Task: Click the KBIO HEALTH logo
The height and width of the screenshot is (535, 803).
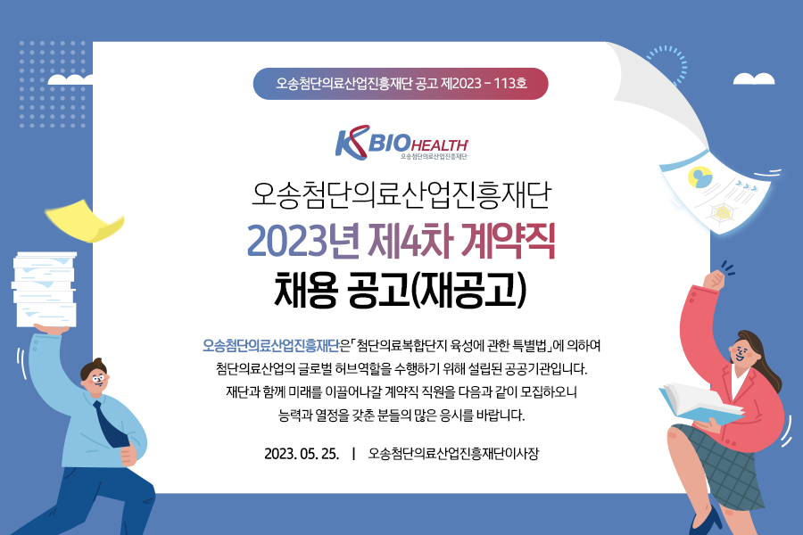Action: [x=401, y=143]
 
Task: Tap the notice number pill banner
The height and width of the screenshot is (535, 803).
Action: [x=401, y=84]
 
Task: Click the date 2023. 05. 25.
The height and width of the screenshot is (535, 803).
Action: [x=302, y=454]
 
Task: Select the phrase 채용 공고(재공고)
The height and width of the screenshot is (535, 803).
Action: [x=401, y=289]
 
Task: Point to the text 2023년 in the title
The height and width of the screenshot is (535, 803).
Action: [x=302, y=241]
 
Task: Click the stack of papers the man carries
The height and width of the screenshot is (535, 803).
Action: [x=45, y=289]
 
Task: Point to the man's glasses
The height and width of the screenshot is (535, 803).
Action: [x=95, y=379]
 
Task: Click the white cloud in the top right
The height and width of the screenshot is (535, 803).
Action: [x=754, y=78]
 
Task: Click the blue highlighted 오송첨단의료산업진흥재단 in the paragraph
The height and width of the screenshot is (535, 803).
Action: [x=271, y=346]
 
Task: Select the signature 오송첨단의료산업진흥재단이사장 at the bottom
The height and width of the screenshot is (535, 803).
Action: [x=453, y=454]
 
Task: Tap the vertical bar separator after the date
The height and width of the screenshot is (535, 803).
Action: [x=354, y=454]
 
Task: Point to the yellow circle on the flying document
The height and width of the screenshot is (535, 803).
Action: [x=700, y=177]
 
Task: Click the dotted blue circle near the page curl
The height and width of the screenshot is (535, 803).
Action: [x=667, y=65]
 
